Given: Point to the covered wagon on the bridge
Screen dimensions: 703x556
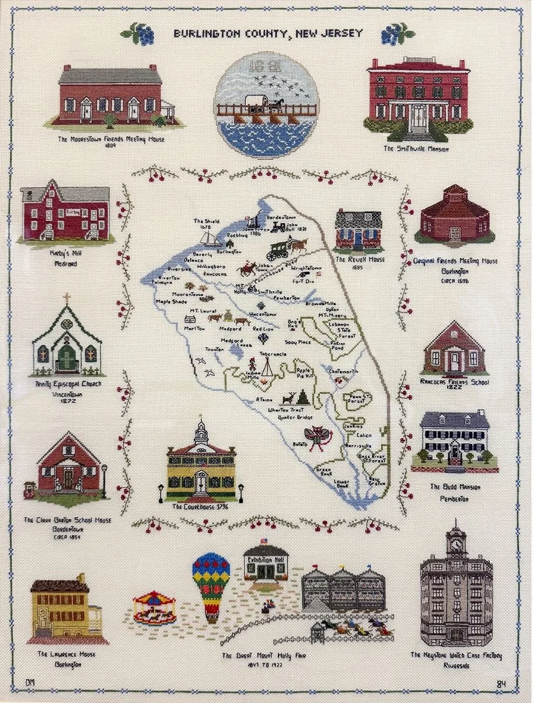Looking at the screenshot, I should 256,103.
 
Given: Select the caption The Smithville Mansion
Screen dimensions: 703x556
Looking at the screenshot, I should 416,149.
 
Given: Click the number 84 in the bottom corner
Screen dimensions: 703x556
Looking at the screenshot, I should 501,683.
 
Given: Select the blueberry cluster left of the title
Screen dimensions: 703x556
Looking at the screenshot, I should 140,34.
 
